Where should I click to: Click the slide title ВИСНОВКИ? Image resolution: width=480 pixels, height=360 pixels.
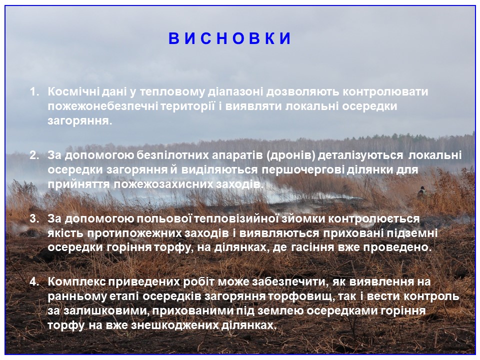229,38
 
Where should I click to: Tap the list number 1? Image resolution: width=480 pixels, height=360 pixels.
34,91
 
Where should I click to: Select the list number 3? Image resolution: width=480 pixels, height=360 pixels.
34,218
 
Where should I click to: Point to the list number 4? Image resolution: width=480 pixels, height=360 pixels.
34,281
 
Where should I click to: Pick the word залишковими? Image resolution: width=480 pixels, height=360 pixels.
105,310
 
